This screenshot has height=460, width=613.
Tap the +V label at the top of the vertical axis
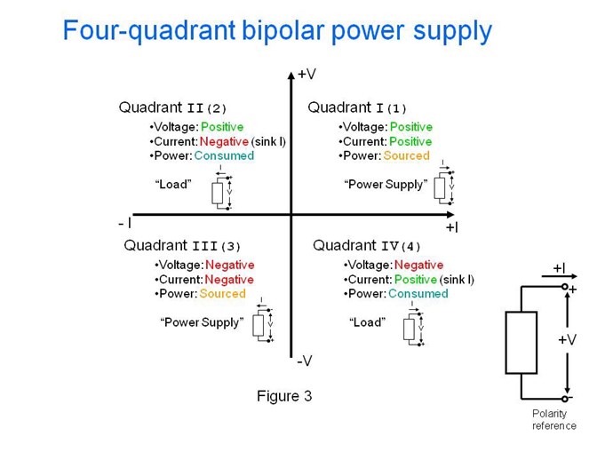[x=306, y=74]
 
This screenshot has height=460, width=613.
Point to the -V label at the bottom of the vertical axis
[x=305, y=361]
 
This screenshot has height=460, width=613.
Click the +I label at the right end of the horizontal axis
[x=452, y=227]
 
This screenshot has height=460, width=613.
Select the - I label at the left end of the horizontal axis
[x=124, y=224]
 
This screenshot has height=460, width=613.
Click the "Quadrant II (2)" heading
[x=172, y=107]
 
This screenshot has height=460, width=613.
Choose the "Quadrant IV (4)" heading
[x=367, y=246]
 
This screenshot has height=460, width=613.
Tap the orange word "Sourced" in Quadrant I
[x=407, y=155]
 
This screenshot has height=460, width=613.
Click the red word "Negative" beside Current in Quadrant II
[x=224, y=141]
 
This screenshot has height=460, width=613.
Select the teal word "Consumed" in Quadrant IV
[x=418, y=294]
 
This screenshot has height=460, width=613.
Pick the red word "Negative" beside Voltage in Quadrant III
[x=230, y=265]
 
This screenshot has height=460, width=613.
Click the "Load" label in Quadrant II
[x=173, y=184]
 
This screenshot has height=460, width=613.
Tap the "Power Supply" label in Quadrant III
[x=202, y=322]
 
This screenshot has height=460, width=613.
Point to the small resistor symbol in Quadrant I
[x=440, y=188]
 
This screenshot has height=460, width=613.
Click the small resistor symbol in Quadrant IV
[x=409, y=329]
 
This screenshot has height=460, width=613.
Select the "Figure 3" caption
[x=284, y=396]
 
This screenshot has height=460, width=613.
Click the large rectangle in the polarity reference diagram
[x=521, y=343]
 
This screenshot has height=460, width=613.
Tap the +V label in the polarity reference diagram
[x=568, y=339]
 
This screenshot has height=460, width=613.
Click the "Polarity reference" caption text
[x=554, y=419]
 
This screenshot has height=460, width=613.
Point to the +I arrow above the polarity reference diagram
[x=559, y=276]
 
